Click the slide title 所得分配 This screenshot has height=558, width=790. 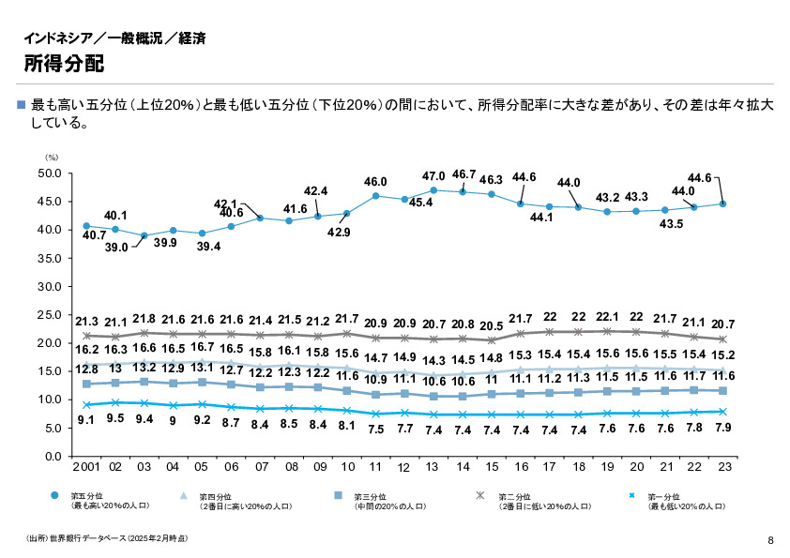[x=64, y=64]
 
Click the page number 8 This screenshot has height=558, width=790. [x=769, y=539]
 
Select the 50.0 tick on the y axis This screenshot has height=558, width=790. [x=49, y=173]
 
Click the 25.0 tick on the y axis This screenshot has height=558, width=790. [x=49, y=315]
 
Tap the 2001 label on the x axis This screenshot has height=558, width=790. [x=85, y=466]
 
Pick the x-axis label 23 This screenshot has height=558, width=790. [x=722, y=466]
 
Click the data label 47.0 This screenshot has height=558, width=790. [x=433, y=176]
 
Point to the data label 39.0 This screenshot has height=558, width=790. [x=116, y=247]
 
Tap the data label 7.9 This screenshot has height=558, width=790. [x=722, y=427]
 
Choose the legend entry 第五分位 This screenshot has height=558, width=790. [x=85, y=495]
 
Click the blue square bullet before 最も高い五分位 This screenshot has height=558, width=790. [x=22, y=105]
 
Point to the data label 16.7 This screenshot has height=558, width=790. [x=202, y=346]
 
